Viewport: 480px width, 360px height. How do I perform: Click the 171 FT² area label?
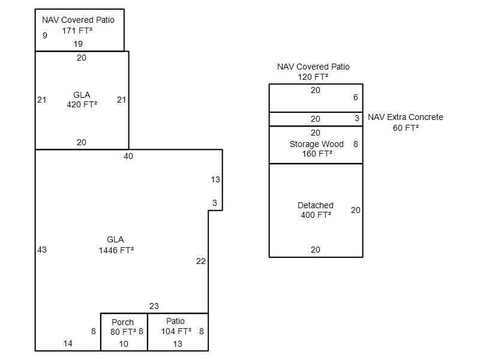77,31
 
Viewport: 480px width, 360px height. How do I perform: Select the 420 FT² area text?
82,104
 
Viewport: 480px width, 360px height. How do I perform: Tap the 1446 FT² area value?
116,250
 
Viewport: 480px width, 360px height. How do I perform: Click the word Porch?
122,322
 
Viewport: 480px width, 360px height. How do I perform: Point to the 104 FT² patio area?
176,331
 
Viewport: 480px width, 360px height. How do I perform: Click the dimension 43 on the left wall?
41,250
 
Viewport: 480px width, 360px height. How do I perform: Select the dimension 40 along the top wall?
128,156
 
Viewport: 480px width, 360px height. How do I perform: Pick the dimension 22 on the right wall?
200,261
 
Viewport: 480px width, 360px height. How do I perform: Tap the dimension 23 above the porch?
154,306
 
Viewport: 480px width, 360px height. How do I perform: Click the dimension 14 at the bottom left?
68,343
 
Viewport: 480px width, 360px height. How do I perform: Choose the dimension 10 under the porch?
124,344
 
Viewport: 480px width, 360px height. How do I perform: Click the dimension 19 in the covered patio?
78,44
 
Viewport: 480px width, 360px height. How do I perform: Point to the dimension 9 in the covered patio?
45,35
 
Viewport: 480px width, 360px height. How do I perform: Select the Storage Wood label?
316,144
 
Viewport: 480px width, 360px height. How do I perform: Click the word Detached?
316,205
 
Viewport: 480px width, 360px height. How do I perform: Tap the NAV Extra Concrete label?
406,117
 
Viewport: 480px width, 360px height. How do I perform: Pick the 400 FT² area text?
316,215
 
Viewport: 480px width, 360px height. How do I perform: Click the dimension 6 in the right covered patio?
355,97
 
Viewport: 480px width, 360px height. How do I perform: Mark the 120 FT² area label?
313,77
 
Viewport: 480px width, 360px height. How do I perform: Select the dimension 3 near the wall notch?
215,203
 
